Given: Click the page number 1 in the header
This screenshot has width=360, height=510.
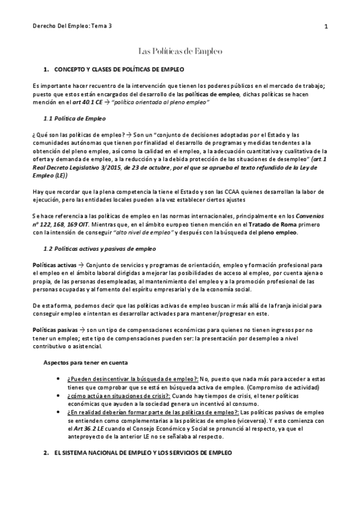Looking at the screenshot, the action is click(x=325, y=26).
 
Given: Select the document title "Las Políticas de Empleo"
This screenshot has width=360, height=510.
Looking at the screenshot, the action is click(x=180, y=52).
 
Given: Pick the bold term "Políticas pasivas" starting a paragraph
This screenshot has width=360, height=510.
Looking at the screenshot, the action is click(x=55, y=330).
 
